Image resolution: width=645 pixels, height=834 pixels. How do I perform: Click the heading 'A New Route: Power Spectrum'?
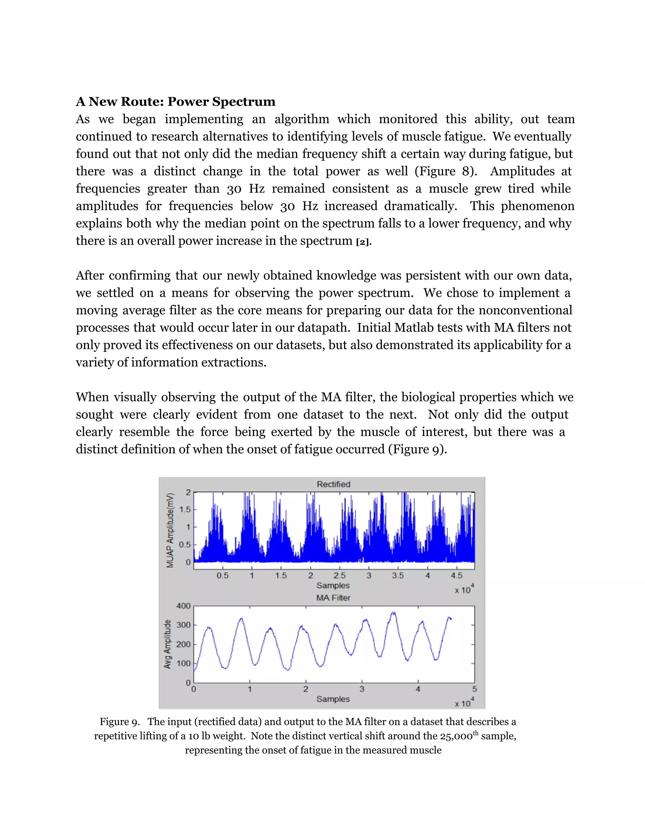(175, 102)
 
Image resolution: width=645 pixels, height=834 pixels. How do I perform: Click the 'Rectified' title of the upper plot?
(333, 484)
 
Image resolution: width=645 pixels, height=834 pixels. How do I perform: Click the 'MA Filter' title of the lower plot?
(333, 598)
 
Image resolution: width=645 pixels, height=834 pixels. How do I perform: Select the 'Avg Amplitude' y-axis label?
(167, 644)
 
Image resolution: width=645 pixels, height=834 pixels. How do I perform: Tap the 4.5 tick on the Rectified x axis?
(456, 576)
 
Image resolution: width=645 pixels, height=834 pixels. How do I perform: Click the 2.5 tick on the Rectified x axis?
(339, 576)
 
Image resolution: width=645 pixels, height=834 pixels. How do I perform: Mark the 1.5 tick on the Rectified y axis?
(185, 510)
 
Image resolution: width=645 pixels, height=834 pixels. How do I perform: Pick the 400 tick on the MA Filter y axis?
(183, 606)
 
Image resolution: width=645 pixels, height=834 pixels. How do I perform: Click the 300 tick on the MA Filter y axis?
(183, 625)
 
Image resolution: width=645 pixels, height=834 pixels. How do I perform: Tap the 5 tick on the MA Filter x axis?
(474, 689)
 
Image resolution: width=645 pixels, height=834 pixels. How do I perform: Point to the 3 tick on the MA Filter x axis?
(362, 689)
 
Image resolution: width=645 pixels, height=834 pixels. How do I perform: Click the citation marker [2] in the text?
(362, 242)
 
